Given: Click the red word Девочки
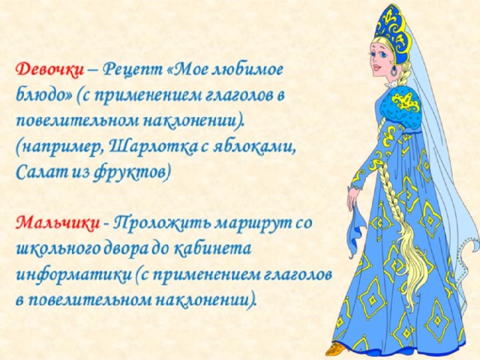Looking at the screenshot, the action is click(49, 70).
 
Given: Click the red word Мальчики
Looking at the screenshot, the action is click(58, 223).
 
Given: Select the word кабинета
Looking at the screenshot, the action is click(212, 249).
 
